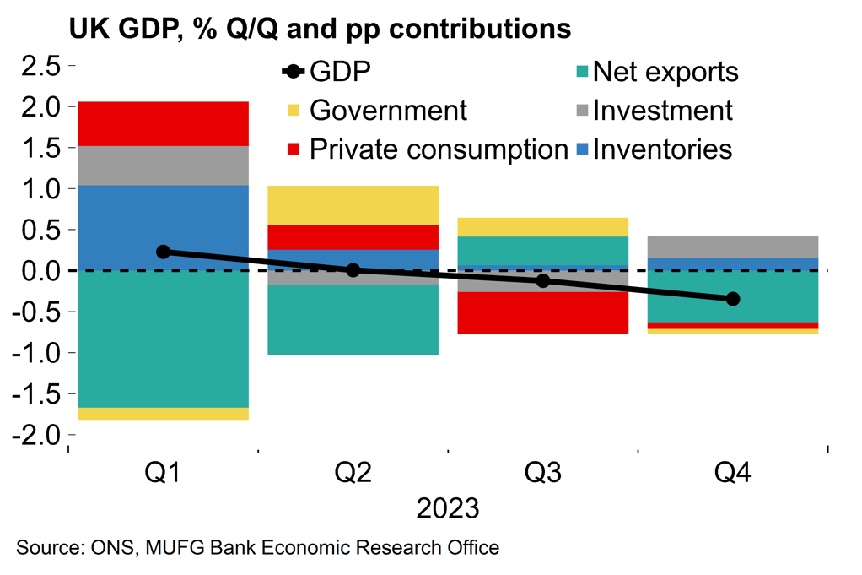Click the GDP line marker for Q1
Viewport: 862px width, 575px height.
pyautogui.click(x=164, y=252)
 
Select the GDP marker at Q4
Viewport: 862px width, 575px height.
pyautogui.click(x=732, y=299)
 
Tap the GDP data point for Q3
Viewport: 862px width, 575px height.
pyautogui.click(x=543, y=280)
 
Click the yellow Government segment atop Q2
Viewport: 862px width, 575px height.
pyautogui.click(x=353, y=205)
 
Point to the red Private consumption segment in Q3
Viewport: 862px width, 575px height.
pyautogui.click(x=543, y=312)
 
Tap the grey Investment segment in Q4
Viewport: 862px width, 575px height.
pyautogui.click(x=732, y=247)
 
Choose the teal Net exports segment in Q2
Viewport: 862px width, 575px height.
pyautogui.click(x=353, y=320)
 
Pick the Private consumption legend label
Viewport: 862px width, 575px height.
pyautogui.click(x=439, y=149)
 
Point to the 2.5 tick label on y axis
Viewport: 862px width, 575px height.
pyautogui.click(x=40, y=66)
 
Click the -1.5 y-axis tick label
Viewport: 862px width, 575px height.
pyautogui.click(x=37, y=394)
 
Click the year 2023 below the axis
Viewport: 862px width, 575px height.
pyautogui.click(x=448, y=510)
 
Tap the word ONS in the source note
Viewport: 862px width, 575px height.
pyautogui.click(x=108, y=548)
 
